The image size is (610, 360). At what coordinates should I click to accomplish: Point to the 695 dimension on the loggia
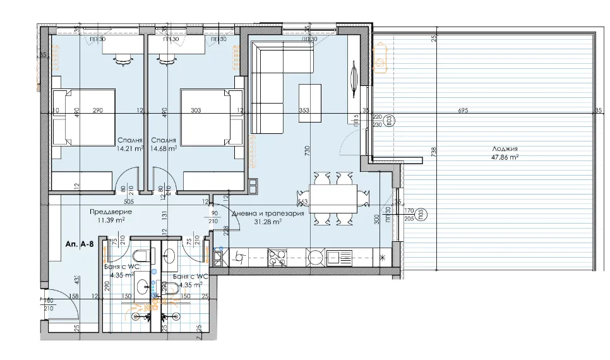pos(463,111)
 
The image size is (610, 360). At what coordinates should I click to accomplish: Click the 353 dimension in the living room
pos(304,111)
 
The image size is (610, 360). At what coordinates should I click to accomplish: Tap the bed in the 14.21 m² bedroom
pos(83,120)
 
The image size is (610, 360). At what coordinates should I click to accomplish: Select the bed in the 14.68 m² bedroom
pos(212,120)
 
